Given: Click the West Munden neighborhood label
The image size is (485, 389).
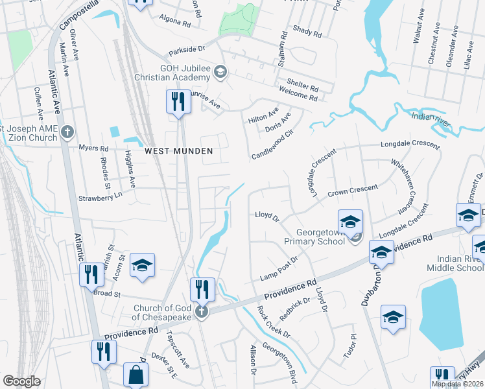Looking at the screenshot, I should click(x=178, y=150).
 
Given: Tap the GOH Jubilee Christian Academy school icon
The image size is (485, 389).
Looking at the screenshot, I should click(x=220, y=71).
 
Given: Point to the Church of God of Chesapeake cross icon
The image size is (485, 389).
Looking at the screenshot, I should click(x=202, y=312).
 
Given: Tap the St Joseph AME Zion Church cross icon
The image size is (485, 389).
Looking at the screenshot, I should click(x=67, y=133).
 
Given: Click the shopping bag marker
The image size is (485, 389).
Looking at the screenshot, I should click(x=136, y=374).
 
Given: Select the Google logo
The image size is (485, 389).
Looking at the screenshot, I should click(x=21, y=381).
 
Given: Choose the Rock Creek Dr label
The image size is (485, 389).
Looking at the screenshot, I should click(x=274, y=322).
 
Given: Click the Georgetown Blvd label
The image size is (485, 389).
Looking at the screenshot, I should click(x=285, y=365).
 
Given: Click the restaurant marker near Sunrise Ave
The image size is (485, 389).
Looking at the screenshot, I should click(x=176, y=102).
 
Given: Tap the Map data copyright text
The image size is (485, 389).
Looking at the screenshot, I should click(x=457, y=384).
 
